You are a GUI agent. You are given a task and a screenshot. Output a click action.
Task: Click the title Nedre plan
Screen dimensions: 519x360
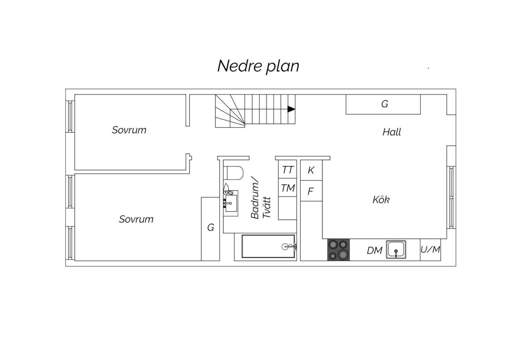pyautogui.click(x=258, y=67)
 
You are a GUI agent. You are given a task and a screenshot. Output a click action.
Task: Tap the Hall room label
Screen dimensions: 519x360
pyautogui.click(x=391, y=132)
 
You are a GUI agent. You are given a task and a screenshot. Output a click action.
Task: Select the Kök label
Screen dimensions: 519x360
pyautogui.click(x=381, y=200)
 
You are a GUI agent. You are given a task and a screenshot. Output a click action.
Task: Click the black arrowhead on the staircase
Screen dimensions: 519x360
pyautogui.click(x=291, y=109)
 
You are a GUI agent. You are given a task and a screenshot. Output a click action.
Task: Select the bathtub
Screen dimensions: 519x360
pyautogui.click(x=268, y=246)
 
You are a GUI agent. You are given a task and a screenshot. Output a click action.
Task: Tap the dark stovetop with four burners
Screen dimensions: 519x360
pyautogui.click(x=338, y=250)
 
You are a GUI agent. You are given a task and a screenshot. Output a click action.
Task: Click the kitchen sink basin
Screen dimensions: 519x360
pyautogui.click(x=396, y=249)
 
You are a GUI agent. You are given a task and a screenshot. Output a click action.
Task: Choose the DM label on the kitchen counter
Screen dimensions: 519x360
pyautogui.click(x=374, y=251)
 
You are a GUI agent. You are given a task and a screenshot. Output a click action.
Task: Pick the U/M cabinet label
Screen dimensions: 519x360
pyautogui.click(x=430, y=250)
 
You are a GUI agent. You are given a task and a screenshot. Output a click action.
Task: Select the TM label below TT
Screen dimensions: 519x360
pyautogui.click(x=287, y=188)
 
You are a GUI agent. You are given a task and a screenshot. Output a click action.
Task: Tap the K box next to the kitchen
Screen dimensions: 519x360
pyautogui.click(x=311, y=170)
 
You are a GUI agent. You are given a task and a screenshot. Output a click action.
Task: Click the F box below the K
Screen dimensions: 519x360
pyautogui.click(x=311, y=191)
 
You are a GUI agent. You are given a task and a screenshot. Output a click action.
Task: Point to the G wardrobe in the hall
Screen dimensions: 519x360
pyautogui.click(x=383, y=104)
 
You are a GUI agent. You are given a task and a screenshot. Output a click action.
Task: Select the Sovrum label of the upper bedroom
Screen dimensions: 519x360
pyautogui.click(x=129, y=130)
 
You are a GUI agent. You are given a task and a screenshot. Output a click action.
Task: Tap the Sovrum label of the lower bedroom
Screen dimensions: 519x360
pyautogui.click(x=136, y=219)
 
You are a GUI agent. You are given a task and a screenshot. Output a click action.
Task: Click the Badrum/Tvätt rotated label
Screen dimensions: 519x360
pyautogui.click(x=261, y=201)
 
